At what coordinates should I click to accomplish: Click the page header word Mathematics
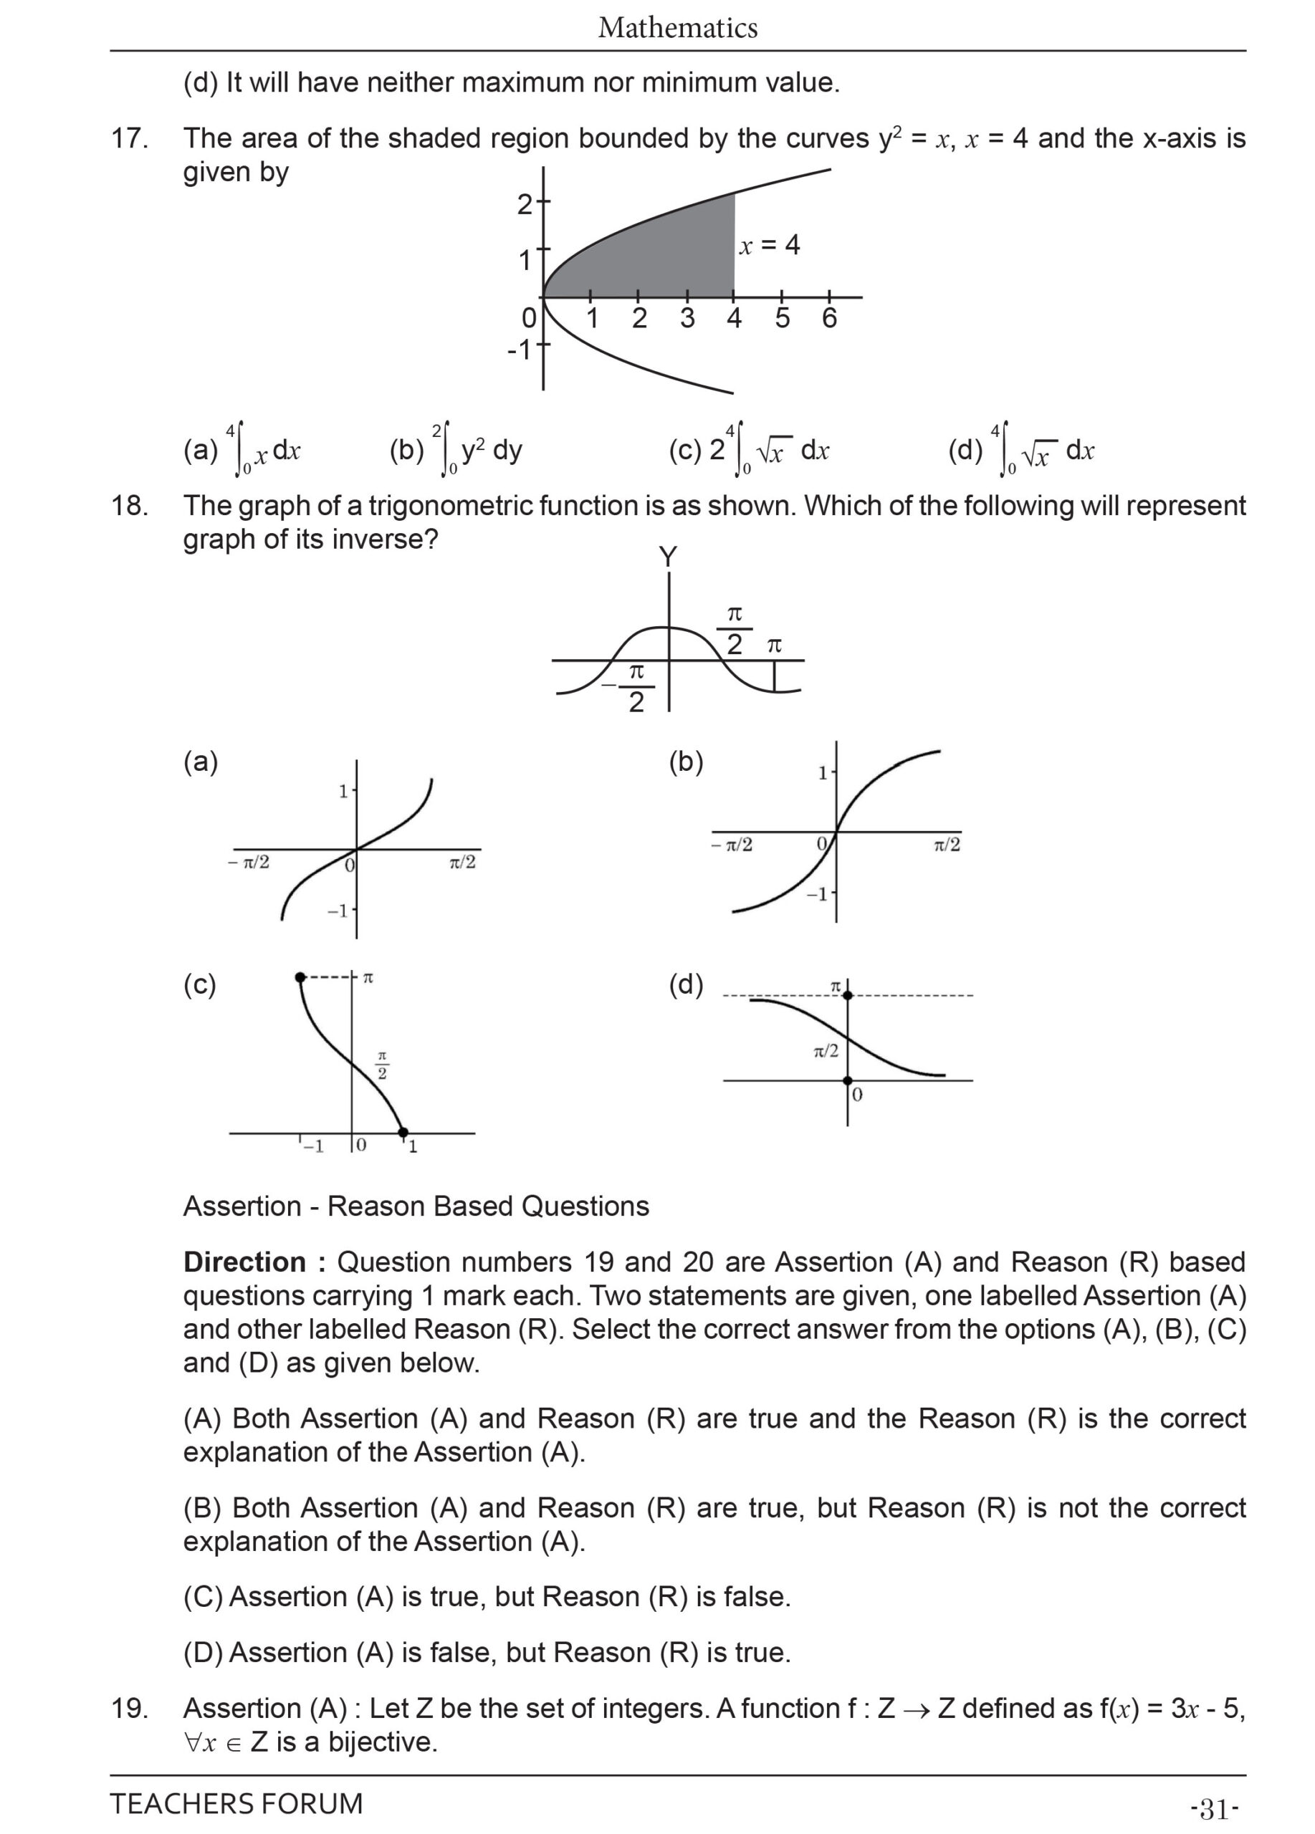click(x=677, y=29)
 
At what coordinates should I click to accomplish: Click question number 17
click(x=130, y=139)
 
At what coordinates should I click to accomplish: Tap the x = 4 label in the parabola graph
click(x=769, y=245)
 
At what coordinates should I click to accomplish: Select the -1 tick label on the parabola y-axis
click(x=520, y=350)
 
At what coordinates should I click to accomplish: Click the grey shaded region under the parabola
click(x=663, y=259)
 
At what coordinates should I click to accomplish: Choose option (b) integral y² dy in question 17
click(x=457, y=450)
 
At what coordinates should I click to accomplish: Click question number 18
click(x=130, y=506)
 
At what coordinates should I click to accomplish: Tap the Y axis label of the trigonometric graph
click(x=667, y=557)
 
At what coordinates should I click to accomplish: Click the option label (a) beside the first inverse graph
click(x=201, y=762)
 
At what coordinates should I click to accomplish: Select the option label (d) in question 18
click(x=686, y=985)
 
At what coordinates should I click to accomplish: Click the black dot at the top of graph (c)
click(x=301, y=978)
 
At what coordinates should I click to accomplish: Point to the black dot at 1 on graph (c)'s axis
click(x=403, y=1132)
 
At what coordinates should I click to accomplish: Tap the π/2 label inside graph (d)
click(x=826, y=1050)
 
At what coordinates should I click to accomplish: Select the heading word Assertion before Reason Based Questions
click(x=242, y=1206)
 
